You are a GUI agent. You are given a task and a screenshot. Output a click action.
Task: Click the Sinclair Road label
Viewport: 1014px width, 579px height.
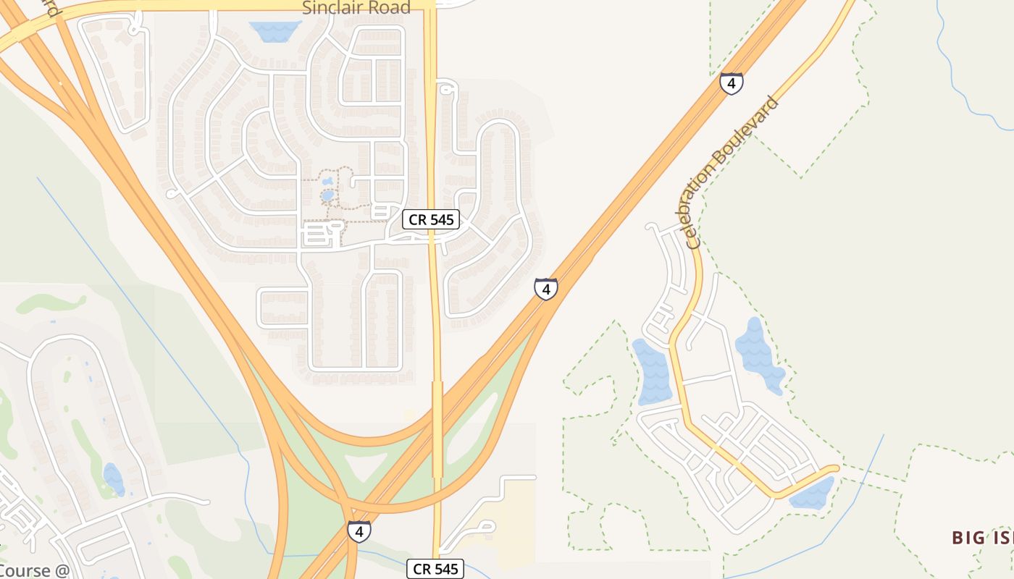356,8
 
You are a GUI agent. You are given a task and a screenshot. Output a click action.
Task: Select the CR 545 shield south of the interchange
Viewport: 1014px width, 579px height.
435,569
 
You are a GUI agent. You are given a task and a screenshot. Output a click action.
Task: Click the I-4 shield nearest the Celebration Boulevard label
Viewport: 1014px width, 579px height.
732,83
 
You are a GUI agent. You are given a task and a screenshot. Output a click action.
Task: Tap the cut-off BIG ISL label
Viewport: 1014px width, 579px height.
982,537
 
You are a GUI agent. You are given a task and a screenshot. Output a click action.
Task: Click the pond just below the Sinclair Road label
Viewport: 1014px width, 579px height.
275,30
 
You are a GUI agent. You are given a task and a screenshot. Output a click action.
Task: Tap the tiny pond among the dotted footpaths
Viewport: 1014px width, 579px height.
327,194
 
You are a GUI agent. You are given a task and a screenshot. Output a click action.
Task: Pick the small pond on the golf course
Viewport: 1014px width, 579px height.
114,478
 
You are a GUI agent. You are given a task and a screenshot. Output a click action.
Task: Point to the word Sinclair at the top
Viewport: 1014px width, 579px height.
330,8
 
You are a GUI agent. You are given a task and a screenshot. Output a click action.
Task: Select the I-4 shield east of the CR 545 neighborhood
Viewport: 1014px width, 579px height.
546,289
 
